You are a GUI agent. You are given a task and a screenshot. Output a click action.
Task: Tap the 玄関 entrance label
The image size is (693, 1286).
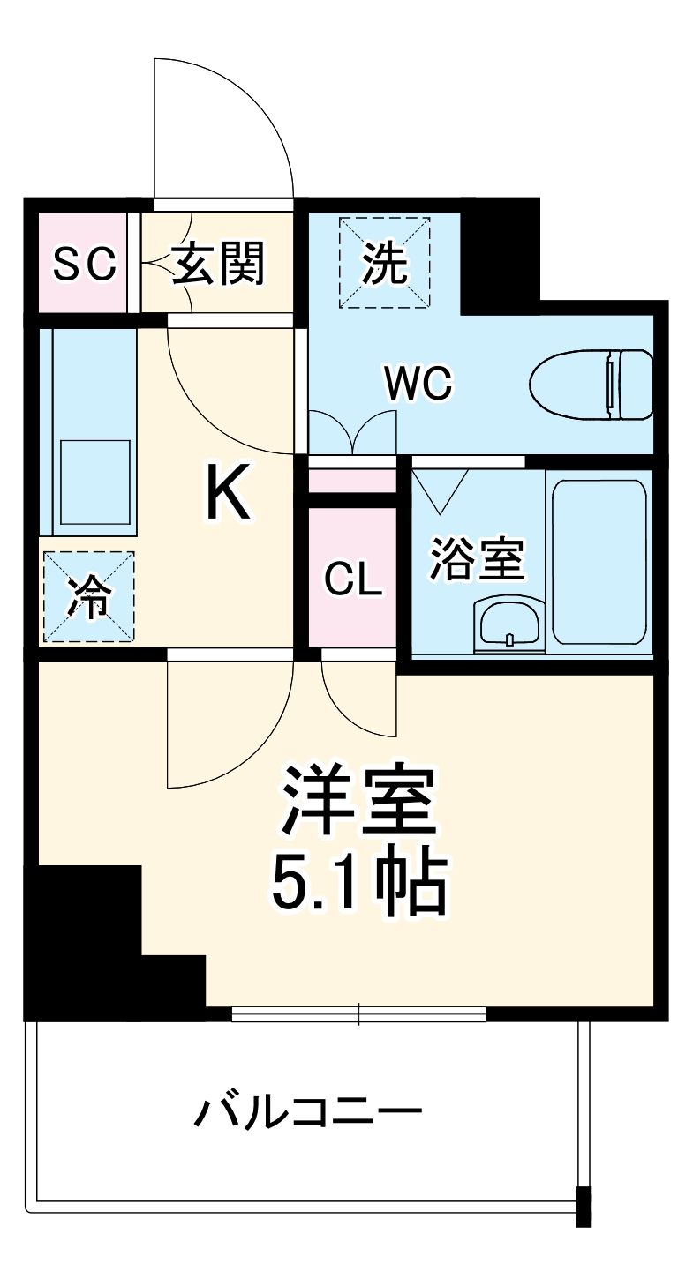[x=218, y=264]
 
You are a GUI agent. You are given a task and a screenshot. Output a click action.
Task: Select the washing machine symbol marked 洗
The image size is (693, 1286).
[x=386, y=262]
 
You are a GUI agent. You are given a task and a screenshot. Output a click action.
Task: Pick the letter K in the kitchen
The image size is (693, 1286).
[x=229, y=494]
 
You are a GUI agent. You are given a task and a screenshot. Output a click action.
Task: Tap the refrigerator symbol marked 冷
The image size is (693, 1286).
[x=87, y=597]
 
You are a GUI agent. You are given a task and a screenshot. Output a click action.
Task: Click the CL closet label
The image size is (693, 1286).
[x=352, y=579]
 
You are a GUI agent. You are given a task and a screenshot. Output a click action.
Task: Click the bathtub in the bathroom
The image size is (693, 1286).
[x=599, y=562]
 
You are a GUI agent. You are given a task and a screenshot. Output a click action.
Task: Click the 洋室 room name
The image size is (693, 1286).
[x=358, y=801]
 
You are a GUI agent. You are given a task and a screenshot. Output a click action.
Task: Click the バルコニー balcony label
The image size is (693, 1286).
[x=307, y=1113]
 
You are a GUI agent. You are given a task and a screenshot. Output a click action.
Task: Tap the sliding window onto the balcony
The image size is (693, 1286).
[x=358, y=1015]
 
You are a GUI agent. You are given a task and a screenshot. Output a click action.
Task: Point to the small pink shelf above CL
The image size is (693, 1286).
[x=351, y=482]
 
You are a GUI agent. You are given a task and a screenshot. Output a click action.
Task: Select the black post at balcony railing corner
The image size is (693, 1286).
[x=584, y=1207]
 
